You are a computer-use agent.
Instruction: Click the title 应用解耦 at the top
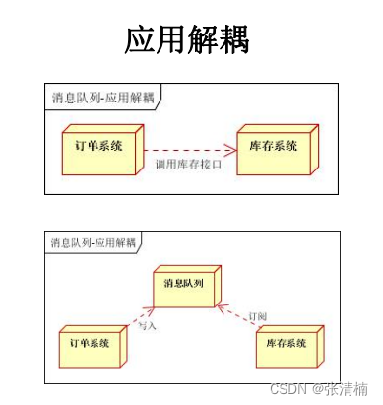[187, 40]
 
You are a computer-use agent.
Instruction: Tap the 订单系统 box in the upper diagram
[98, 147]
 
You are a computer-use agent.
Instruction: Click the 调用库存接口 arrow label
[186, 164]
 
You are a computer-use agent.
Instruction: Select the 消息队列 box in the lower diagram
[186, 285]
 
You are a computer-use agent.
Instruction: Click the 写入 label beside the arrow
[149, 323]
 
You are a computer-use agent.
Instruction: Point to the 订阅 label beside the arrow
[258, 315]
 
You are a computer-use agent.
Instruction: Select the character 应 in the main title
[140, 40]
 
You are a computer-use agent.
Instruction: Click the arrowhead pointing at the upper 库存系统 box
[231, 150]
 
